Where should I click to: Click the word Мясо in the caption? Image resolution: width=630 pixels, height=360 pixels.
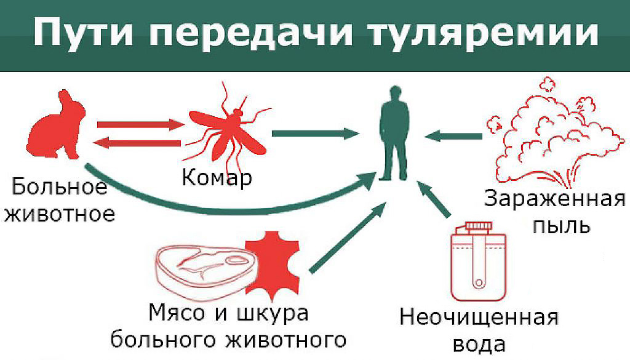(x=175, y=313)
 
